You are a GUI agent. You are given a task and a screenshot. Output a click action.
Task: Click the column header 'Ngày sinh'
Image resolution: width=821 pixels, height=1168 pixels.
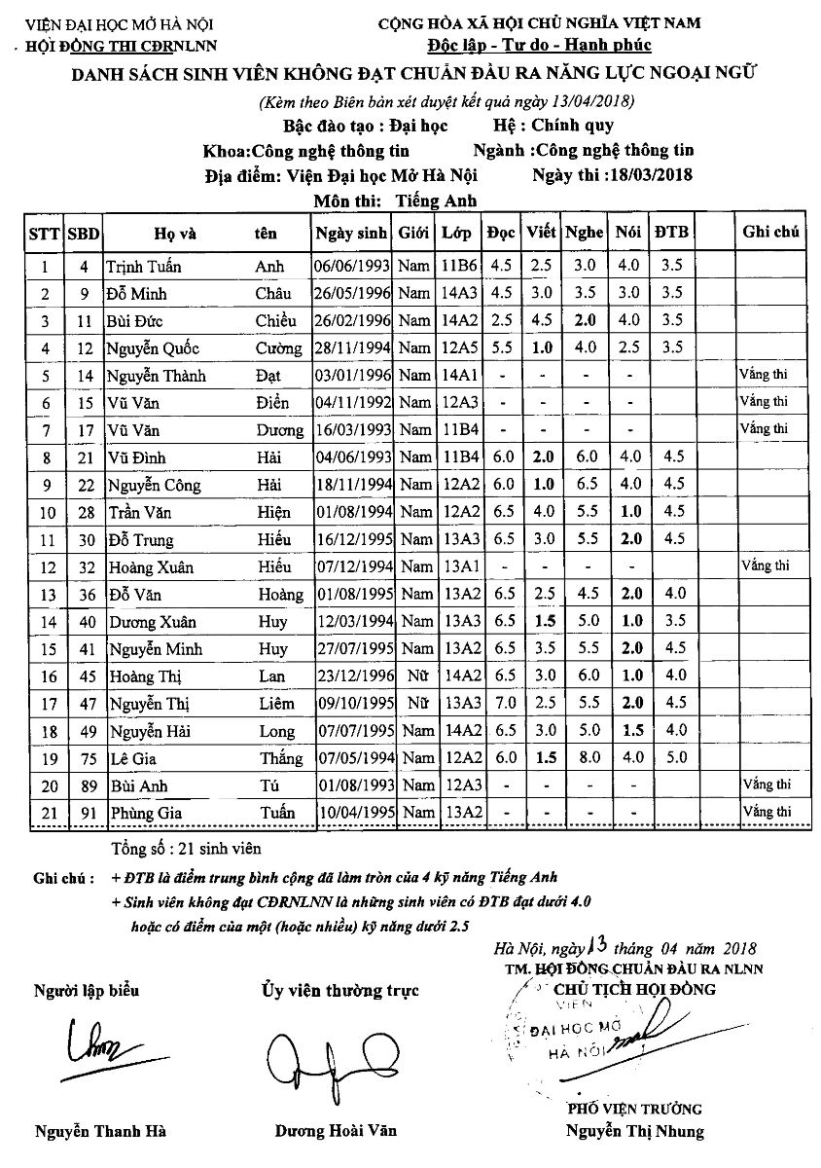[351, 233]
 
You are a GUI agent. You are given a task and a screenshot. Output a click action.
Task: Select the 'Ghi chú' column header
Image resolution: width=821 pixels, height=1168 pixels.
[770, 232]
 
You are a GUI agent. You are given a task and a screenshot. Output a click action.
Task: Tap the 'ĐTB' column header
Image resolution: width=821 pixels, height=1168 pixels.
[671, 232]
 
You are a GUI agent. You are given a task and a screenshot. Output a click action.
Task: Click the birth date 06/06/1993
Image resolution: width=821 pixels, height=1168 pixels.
[351, 266]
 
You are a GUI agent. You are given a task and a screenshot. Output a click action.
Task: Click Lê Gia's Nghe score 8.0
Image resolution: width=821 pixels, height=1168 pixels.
[585, 757]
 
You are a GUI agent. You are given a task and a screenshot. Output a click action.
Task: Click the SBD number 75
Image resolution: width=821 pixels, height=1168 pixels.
[84, 757]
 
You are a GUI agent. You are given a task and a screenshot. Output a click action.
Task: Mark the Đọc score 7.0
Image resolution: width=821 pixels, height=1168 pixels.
[502, 703]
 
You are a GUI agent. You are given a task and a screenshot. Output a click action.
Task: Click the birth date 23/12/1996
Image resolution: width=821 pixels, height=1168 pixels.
[351, 675]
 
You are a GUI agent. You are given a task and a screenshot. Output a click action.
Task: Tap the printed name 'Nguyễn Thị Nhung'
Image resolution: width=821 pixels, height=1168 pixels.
[635, 1131]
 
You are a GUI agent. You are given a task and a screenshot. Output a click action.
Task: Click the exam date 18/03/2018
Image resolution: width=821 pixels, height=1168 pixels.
[646, 176]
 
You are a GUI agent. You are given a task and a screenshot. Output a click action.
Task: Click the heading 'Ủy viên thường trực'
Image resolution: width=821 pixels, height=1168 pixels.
[339, 991]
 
